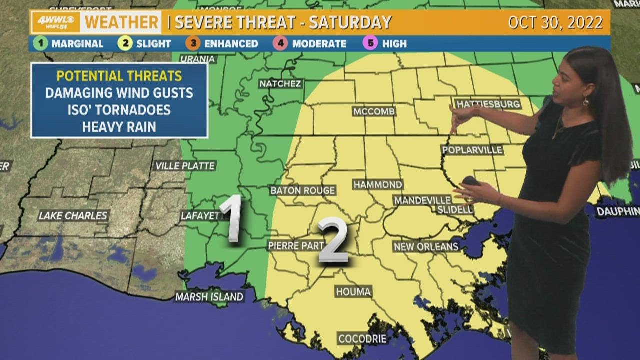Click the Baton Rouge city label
303,190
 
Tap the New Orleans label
426,246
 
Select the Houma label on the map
353,291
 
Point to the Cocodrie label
362,339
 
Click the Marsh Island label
209,297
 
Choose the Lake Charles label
73,216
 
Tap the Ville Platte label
185,166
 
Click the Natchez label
280,84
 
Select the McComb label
374,111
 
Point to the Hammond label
378,185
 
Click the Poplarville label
472,150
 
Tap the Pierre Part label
296,245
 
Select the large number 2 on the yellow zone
333,241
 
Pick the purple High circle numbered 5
370,43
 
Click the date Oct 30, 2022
555,22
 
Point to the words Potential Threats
119,76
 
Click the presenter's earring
585,102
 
